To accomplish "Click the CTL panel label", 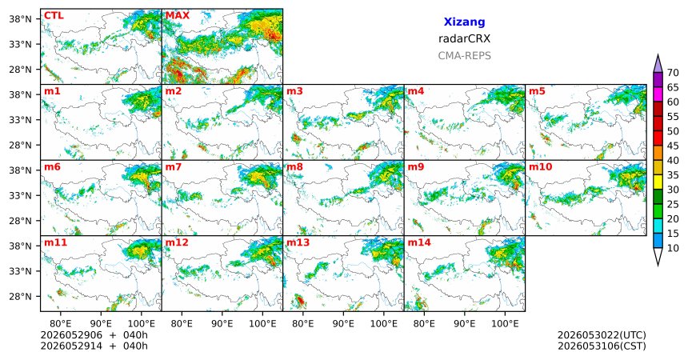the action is coord(54,16).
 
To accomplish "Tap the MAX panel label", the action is coord(178,16).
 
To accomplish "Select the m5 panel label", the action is coord(537,91).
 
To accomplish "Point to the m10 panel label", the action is coord(540,167).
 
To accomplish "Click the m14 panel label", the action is coord(419,242).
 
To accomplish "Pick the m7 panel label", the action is coord(174,167).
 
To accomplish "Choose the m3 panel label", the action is coord(295,91).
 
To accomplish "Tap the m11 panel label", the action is coord(56,242).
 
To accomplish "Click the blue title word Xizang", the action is coord(464,22).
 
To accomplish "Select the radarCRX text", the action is coord(464,38).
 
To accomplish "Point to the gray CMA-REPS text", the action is coord(464,56).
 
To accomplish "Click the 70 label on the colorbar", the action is coord(673,73).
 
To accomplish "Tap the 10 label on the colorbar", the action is coord(673,249).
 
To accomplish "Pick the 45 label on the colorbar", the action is coord(673,146).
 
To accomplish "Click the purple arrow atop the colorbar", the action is coord(658,63).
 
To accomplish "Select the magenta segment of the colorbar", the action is coord(658,94).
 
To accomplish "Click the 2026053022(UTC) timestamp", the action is coord(602,335).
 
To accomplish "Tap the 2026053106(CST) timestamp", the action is coord(602,346).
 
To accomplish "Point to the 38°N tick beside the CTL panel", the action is coord(20,19).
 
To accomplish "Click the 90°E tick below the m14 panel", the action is coord(464,324).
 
